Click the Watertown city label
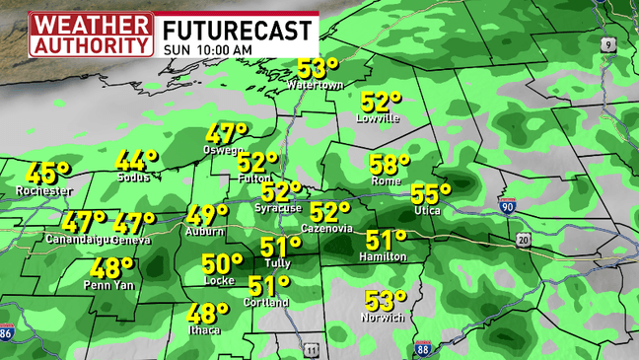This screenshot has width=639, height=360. [316, 86]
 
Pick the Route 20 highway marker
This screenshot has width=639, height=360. [523, 240]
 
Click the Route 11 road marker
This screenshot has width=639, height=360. [312, 349]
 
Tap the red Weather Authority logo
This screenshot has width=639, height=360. [91, 34]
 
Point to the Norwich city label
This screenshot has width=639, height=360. [384, 318]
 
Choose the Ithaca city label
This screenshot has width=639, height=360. [204, 330]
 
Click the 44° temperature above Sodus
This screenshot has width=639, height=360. [136, 161]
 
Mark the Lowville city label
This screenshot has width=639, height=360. [379, 118]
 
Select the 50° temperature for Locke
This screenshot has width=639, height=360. [222, 264]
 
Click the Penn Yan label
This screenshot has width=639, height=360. [109, 286]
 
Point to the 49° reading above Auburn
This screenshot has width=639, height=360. [207, 215]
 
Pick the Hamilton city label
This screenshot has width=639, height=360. [384, 256]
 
